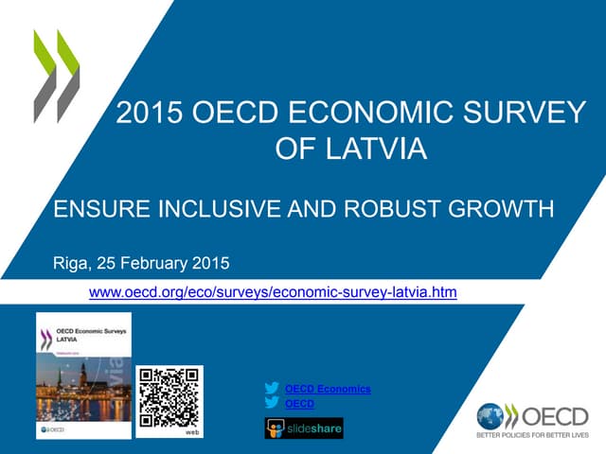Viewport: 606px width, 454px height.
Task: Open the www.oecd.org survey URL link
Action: pyautogui.click(x=272, y=292)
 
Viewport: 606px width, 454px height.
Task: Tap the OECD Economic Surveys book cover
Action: pyautogui.click(x=83, y=375)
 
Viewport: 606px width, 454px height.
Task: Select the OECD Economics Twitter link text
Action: pyautogui.click(x=327, y=389)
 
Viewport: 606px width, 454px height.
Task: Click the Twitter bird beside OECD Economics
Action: pyautogui.click(x=273, y=389)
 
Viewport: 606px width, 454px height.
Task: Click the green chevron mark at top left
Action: pyautogui.click(x=56, y=76)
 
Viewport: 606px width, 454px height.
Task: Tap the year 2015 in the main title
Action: pyautogui.click(x=148, y=114)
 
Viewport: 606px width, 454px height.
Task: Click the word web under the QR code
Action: pyautogui.click(x=191, y=430)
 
